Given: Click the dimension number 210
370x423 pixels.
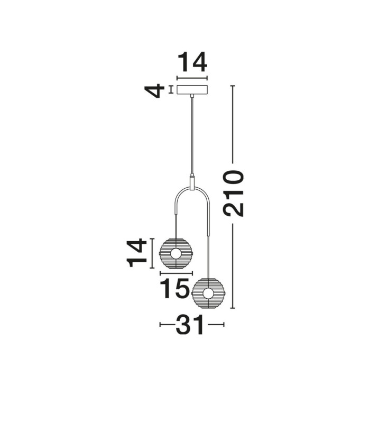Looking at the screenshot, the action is (234, 193).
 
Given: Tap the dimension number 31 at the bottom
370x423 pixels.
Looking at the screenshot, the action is (190, 325).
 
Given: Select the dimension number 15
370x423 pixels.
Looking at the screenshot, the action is (175, 288).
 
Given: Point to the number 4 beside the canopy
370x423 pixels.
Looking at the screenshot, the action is (154, 90).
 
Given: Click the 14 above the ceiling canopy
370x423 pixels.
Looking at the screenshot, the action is (192, 62).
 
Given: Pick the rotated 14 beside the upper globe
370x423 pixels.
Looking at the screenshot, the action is (136, 253).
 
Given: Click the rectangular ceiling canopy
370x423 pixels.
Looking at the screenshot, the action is (192, 90).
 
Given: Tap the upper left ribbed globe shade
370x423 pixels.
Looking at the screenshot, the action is (176, 253).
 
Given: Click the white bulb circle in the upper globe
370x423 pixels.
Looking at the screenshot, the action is (176, 254).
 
